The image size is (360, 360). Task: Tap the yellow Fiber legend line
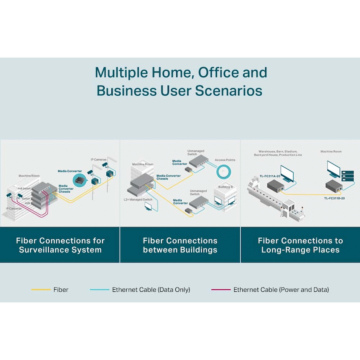[41, 290]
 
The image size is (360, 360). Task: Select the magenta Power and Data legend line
[221, 290]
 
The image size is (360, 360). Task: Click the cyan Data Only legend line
[100, 290]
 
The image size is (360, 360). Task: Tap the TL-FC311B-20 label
[335, 198]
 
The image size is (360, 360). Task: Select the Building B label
[225, 187]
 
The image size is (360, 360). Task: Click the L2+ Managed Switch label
[138, 199]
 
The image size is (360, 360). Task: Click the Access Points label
[225, 160]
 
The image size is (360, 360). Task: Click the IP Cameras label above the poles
[99, 160]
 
